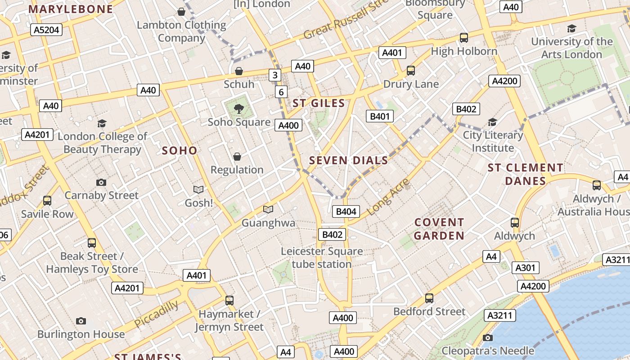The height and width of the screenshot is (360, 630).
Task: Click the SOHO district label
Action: (180, 150)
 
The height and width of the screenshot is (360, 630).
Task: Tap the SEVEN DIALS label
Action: (348, 160)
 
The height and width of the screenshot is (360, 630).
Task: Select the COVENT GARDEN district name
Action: (439, 229)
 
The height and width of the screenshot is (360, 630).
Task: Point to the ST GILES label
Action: (319, 103)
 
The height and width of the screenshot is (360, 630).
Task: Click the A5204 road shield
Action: (46, 30)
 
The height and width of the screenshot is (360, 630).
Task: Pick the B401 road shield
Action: (379, 116)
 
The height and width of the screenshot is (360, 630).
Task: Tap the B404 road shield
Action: (346, 211)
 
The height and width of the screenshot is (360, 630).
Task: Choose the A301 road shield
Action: (525, 268)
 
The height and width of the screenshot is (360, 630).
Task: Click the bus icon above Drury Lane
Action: (410, 70)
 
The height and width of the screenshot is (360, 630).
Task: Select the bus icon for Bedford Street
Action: (429, 298)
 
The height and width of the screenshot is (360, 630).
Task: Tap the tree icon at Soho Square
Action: (239, 108)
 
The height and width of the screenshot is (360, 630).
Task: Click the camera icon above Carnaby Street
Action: (101, 182)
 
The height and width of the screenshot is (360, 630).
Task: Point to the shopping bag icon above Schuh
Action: (239, 71)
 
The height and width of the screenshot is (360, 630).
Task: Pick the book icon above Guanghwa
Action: (268, 209)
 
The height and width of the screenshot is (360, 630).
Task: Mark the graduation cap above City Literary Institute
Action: (492, 122)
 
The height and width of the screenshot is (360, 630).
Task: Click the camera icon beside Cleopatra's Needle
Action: (487, 337)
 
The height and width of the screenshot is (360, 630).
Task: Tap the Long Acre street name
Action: (388, 196)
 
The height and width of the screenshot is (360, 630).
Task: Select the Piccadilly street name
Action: (156, 314)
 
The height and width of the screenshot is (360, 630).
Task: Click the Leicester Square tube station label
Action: (322, 257)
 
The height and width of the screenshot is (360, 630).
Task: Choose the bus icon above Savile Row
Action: (47, 201)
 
